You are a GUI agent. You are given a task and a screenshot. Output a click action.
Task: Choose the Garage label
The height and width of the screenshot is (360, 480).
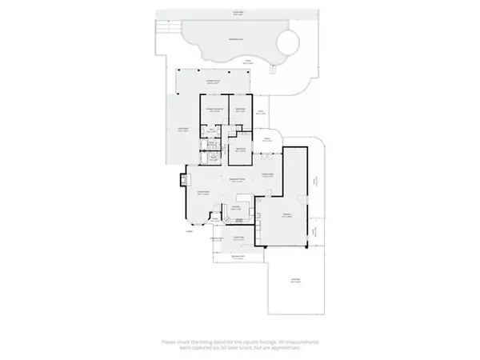pos(284,215)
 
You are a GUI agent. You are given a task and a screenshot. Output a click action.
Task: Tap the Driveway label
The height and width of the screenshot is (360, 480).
pos(294,281)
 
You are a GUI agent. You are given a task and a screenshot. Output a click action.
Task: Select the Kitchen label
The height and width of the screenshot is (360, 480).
pos(236,207)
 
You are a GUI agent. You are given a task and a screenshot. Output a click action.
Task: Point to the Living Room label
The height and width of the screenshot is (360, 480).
pos(203,192)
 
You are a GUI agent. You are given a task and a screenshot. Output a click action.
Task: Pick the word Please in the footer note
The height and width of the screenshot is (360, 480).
pos(170,342)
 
